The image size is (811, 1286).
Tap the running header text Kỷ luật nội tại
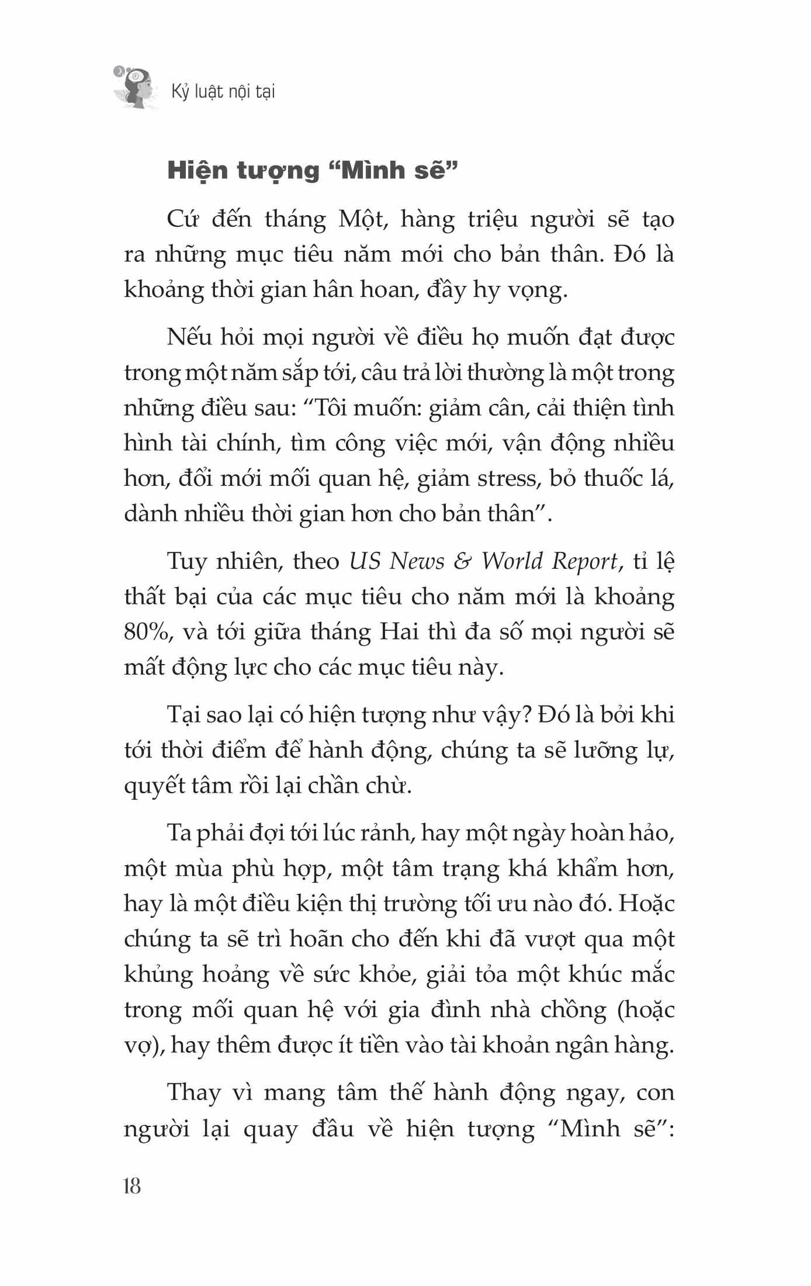click(223, 92)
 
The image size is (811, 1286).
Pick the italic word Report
click(585, 562)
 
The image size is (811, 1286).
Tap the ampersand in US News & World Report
click(463, 561)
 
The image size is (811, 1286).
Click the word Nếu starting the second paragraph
click(187, 337)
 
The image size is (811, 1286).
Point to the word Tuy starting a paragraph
click(186, 561)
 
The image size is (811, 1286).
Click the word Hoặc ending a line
click(647, 903)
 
